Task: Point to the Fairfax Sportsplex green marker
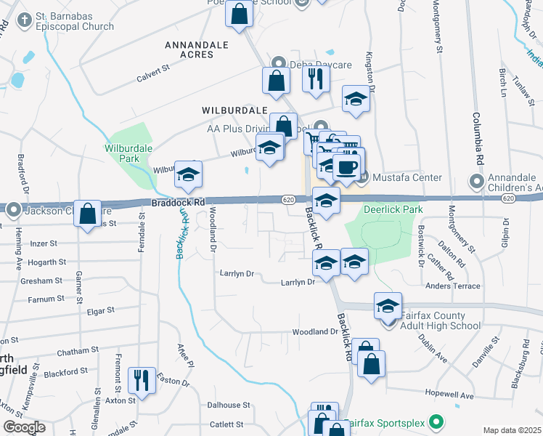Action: pos(436,421)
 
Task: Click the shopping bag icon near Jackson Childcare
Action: pos(88,214)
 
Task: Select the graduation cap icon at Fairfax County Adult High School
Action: pos(388,305)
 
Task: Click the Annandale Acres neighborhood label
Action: pos(197,49)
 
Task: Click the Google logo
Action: pos(24,427)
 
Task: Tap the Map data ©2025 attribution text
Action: pos(513,430)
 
